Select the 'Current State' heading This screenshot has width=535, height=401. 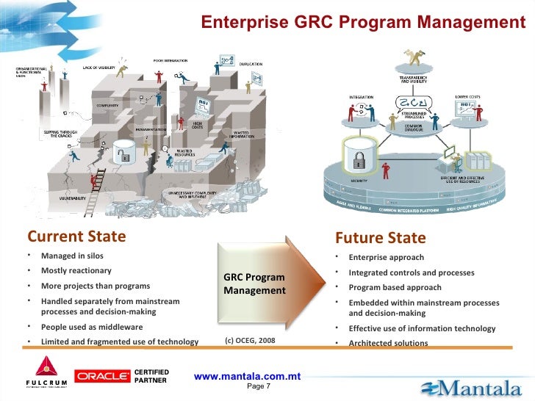click(x=76, y=237)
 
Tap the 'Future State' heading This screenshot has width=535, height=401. click(x=379, y=238)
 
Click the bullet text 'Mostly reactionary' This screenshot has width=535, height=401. click(x=76, y=271)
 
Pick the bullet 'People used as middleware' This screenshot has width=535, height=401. click(x=92, y=327)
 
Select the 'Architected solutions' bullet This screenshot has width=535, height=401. click(x=388, y=343)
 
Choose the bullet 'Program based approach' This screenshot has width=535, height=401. click(x=395, y=287)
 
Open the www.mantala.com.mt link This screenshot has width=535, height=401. click(x=248, y=376)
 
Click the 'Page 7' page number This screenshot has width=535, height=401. click(x=259, y=386)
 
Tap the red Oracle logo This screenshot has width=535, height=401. click(x=102, y=376)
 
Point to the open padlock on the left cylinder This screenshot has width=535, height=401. click(x=125, y=155)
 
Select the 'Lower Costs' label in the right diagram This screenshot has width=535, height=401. click(x=467, y=95)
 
